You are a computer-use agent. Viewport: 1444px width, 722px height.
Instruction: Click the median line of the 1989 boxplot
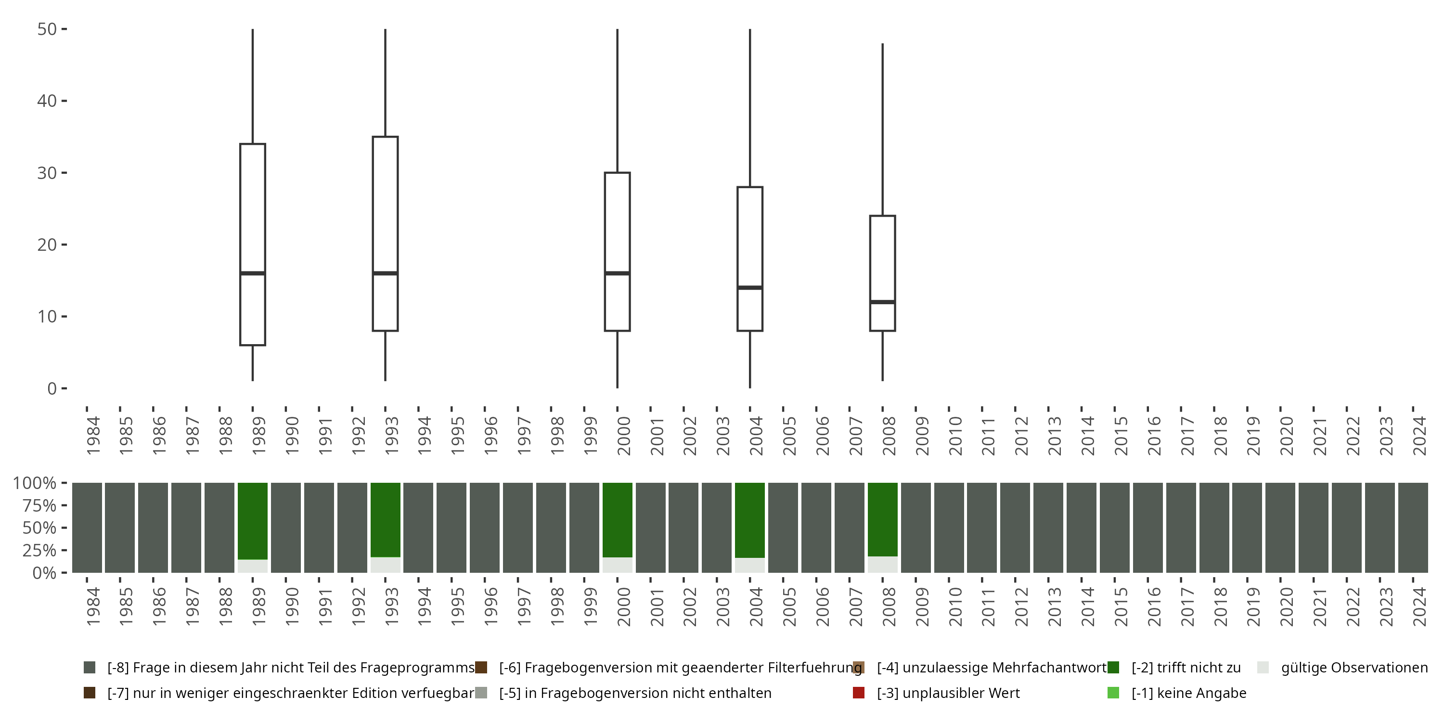tap(252, 273)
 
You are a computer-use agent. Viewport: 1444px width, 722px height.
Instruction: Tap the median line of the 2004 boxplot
tap(749, 287)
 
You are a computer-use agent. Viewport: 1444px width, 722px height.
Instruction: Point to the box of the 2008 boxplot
tap(882, 258)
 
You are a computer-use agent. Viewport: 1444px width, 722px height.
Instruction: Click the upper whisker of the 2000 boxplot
tap(617, 101)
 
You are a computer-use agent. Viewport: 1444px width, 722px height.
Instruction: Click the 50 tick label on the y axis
tap(47, 29)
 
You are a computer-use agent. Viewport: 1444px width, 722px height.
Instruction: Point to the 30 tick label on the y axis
tap(47, 173)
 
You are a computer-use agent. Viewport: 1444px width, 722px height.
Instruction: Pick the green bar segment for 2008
tap(882, 518)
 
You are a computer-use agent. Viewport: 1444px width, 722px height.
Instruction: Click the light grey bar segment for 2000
tap(617, 565)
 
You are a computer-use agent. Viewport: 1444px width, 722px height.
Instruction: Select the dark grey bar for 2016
tap(1147, 528)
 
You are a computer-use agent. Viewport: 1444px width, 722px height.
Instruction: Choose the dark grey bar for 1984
tap(87, 528)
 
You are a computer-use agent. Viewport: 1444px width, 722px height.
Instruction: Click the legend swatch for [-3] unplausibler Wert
tap(858, 693)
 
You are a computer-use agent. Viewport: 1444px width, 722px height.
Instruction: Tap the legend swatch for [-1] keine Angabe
tap(1113, 693)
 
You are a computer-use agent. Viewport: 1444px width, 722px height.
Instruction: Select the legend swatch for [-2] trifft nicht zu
tap(1113, 668)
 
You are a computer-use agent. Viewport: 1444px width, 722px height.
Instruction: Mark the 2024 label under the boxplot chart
tap(1419, 436)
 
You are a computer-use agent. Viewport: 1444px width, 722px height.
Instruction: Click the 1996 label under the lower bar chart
tap(490, 606)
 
